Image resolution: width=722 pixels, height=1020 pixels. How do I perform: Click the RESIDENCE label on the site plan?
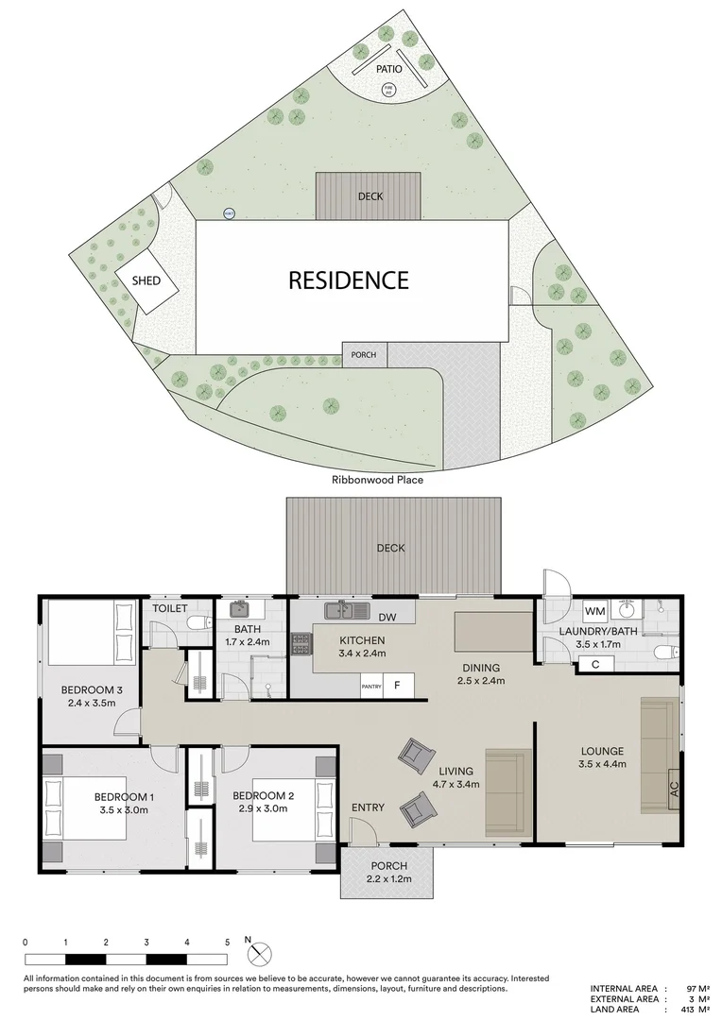point(348,280)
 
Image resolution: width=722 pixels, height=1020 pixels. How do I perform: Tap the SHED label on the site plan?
point(146,281)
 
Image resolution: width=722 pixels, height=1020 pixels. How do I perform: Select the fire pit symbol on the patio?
point(387,90)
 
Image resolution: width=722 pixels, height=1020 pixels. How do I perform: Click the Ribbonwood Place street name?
point(377,480)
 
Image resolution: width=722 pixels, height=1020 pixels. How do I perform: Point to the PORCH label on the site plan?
point(363,355)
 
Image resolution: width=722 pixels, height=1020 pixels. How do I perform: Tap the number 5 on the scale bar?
point(227,943)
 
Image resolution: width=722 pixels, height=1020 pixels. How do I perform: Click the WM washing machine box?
point(593,611)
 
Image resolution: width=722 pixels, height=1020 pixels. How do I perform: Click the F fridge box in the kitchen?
point(398,687)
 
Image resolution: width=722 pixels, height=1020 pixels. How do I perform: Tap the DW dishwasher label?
point(385,619)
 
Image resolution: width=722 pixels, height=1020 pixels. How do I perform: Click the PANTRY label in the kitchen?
point(371,688)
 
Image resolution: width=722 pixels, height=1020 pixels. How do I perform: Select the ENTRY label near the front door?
point(368,807)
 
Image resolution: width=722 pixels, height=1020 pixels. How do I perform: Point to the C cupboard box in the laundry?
point(594,664)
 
